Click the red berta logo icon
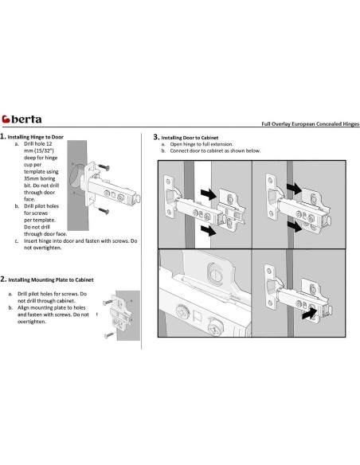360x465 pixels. click(x=6, y=119)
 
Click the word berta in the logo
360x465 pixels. click(x=26, y=119)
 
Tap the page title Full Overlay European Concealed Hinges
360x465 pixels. click(x=310, y=124)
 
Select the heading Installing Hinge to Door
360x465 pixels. click(x=36, y=137)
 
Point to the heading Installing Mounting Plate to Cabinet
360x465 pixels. click(x=51, y=279)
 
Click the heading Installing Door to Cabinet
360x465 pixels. click(x=190, y=138)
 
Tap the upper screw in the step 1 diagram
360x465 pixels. click(x=104, y=167)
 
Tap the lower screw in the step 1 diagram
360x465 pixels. click(x=104, y=211)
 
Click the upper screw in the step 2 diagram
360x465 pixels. click(x=108, y=303)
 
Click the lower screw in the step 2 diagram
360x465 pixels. click(x=109, y=335)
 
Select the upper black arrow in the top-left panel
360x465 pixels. click(x=209, y=194)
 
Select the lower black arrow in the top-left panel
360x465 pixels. click(x=209, y=230)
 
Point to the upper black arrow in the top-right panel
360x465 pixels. click(x=295, y=189)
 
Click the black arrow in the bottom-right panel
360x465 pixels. click(x=309, y=314)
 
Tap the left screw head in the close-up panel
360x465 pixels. click(x=182, y=312)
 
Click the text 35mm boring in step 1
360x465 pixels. click(x=40, y=178)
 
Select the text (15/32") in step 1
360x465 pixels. click(x=44, y=150)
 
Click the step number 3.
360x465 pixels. click(x=156, y=137)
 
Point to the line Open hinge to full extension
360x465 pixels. click(x=202, y=144)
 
